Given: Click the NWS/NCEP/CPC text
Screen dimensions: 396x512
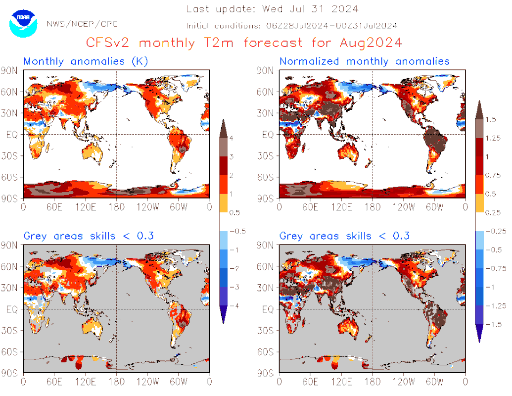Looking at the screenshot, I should (x=82, y=24).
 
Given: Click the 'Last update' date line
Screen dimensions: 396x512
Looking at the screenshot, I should (x=272, y=9).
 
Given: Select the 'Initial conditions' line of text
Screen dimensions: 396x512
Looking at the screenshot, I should (x=292, y=26).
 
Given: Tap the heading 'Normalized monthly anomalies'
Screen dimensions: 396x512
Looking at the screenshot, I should (x=365, y=61).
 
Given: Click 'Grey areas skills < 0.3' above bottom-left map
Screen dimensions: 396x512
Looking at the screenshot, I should (x=89, y=236).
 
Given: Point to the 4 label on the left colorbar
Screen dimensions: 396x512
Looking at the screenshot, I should (x=232, y=137).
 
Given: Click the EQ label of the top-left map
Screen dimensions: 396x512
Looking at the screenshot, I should (x=12, y=134).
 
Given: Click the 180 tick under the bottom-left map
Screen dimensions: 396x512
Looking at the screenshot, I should (x=116, y=382).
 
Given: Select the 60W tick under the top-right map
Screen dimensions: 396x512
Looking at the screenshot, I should (x=434, y=207).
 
